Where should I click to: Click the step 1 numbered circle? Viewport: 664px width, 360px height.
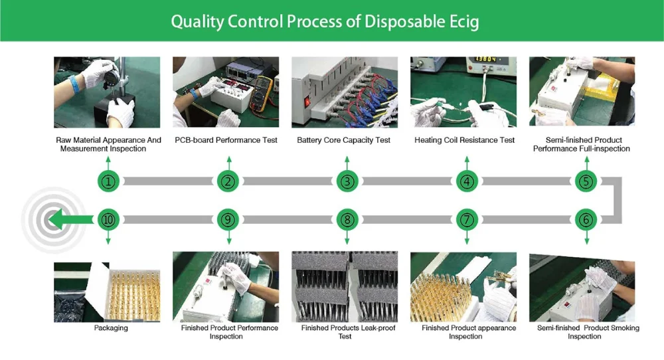(x=108, y=182)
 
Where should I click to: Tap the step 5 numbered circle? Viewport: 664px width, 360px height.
(x=586, y=182)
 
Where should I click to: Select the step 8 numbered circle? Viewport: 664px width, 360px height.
(x=347, y=220)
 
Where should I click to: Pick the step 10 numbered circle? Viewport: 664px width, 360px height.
(x=108, y=220)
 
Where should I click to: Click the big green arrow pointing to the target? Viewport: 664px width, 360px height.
(x=70, y=219)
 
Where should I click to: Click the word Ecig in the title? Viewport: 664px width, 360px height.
(x=463, y=22)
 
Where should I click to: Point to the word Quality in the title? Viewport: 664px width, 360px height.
(x=197, y=22)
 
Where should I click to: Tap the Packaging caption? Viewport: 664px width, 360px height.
(x=111, y=328)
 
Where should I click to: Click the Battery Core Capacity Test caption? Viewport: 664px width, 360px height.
(x=343, y=140)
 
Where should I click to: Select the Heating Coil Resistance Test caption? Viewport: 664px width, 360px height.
(x=465, y=140)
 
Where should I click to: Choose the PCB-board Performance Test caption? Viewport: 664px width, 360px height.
(x=226, y=140)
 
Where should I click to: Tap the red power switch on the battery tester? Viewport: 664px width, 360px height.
(x=307, y=102)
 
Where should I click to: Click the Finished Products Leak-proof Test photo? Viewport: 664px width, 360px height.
(x=345, y=287)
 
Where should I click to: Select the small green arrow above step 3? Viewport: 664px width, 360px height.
(x=347, y=163)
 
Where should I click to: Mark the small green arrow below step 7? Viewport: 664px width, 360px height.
(x=467, y=238)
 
